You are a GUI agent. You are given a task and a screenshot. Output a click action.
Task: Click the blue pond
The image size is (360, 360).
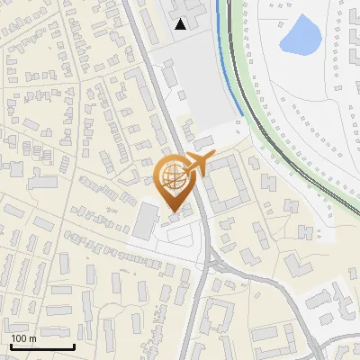pyautogui.click(x=301, y=35)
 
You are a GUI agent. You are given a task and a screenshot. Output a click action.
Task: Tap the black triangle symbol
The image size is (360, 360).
pyautogui.click(x=182, y=24)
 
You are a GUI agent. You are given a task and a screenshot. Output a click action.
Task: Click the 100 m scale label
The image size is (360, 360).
pyautogui.click(x=23, y=338)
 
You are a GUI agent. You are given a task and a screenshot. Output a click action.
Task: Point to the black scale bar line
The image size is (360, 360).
pyautogui.click(x=42, y=346)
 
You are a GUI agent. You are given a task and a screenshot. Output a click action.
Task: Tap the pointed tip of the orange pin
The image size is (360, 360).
pyautogui.click(x=173, y=211)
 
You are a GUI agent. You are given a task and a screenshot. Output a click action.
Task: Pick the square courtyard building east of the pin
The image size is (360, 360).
pyautogui.click(x=225, y=185)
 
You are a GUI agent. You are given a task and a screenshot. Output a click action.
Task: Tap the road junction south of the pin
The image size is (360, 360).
pyautogui.click(x=209, y=260)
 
